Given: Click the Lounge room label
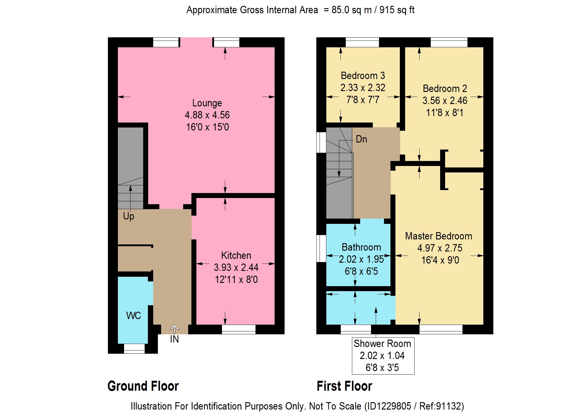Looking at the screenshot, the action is (x=207, y=103).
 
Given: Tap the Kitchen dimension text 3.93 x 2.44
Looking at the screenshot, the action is (x=236, y=267).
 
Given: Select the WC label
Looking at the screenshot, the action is (x=133, y=316).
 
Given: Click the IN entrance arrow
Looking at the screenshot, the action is (x=174, y=329).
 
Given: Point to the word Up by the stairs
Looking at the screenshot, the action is (x=128, y=216).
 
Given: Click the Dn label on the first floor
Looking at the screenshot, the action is (x=361, y=139).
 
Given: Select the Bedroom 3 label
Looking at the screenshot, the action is (x=363, y=76).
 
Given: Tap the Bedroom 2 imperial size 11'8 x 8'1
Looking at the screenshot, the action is (x=445, y=113).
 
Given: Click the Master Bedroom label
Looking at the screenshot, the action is (x=439, y=236).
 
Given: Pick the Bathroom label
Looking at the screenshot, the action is (x=361, y=247).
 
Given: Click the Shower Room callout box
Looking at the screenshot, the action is (x=383, y=356).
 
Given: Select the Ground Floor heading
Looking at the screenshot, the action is (x=143, y=386).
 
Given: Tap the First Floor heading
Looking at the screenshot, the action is (x=345, y=386).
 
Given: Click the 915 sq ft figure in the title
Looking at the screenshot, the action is (x=397, y=10).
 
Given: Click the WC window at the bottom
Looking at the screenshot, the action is (x=134, y=349).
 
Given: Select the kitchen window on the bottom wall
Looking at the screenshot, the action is (x=238, y=329).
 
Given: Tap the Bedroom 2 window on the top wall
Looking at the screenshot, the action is (x=449, y=42).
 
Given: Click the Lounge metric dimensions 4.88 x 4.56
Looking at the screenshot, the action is (x=207, y=115).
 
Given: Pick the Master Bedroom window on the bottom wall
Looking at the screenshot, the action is (x=441, y=329).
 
